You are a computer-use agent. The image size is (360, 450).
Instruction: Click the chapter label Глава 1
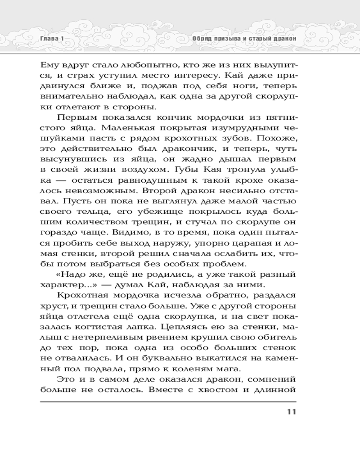point(50,39)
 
